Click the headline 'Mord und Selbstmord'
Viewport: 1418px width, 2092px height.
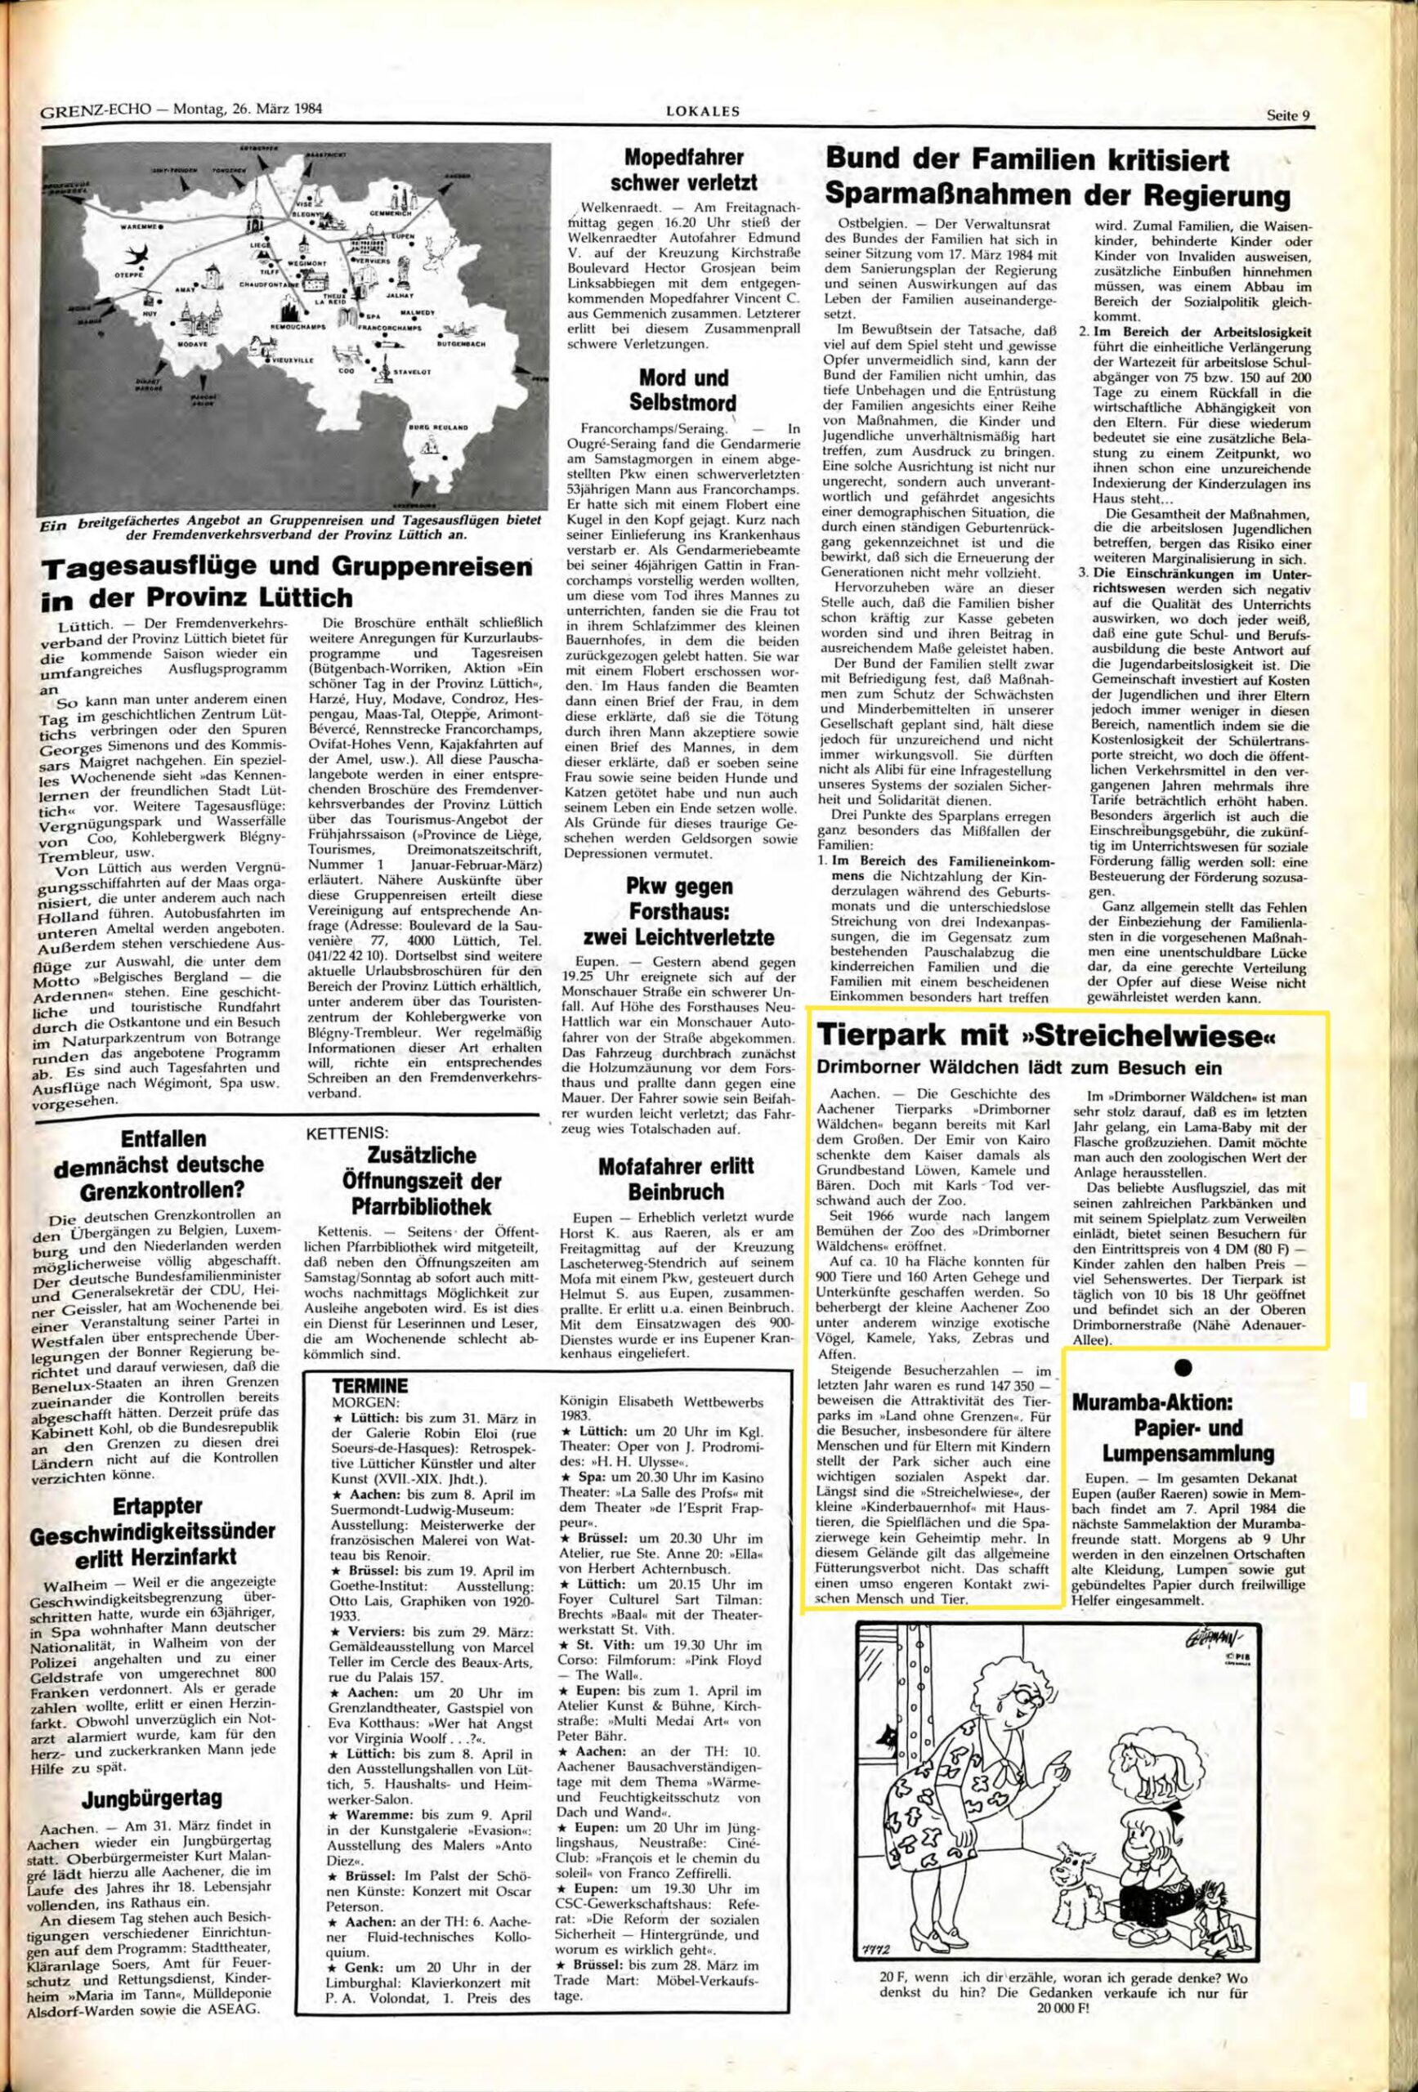685,389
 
